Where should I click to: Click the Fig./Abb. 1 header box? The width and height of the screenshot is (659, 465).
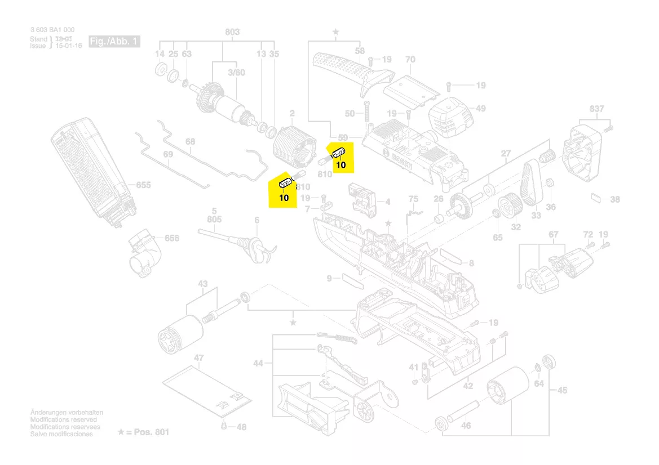point(114,42)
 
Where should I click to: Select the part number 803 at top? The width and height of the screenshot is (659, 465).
point(232,33)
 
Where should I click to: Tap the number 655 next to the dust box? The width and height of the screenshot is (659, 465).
point(143,185)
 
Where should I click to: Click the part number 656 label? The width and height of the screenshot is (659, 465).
point(171,238)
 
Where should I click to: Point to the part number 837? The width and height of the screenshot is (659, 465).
point(596,109)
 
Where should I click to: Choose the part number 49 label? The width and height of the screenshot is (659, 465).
point(480,109)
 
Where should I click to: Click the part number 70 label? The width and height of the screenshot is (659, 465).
point(410,59)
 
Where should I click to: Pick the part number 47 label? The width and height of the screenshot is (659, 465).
point(198,357)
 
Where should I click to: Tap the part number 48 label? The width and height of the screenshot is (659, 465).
point(241,427)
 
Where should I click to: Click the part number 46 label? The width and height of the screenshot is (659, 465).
point(466,426)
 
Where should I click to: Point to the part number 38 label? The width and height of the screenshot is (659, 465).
point(614,199)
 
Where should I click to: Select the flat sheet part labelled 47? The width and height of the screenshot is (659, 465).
point(206,388)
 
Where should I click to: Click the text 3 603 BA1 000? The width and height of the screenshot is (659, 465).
point(52,30)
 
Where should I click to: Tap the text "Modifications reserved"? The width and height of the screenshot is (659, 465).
point(63,420)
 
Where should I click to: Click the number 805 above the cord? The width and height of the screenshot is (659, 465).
point(214,218)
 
